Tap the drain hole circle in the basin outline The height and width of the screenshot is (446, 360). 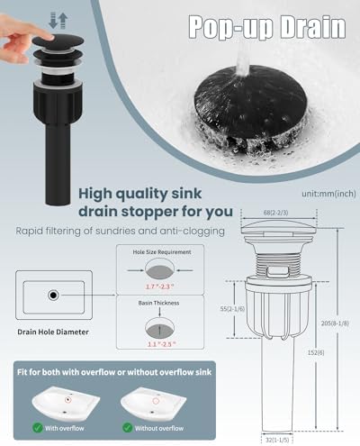point(54,295)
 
